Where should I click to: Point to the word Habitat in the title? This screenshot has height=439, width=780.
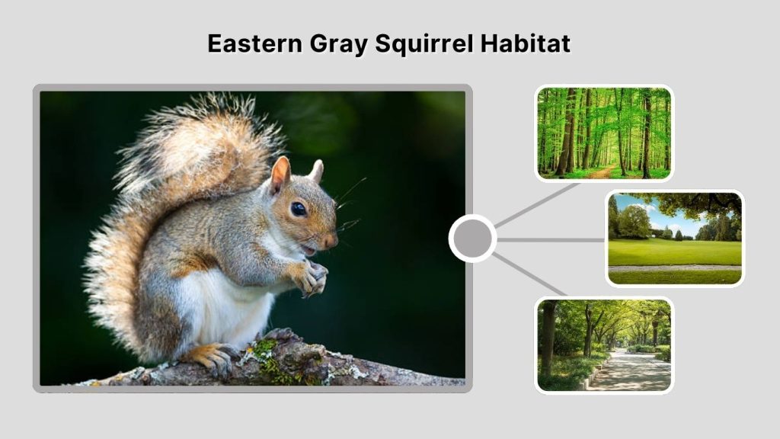[x=526, y=43]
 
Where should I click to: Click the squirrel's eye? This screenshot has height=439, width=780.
[x=298, y=208]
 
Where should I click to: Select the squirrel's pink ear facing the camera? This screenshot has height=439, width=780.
[x=280, y=176]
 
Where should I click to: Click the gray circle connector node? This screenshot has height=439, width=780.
[x=472, y=239]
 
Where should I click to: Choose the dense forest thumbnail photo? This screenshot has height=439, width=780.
[x=604, y=133]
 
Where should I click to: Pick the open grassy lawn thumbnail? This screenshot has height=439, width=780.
[x=675, y=238]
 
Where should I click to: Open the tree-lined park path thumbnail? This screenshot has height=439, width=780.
[x=604, y=344]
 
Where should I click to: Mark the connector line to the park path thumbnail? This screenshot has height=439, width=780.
[x=530, y=274]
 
